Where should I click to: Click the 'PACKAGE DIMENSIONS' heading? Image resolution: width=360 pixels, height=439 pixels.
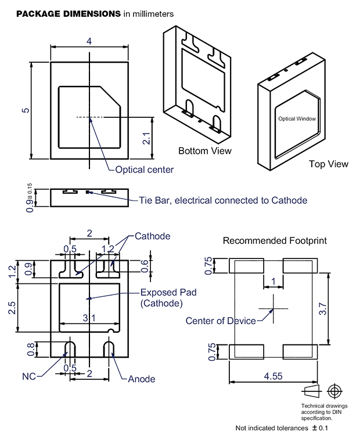69,14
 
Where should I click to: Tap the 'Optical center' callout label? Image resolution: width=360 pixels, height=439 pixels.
144,170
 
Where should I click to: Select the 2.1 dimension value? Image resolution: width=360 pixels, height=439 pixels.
146,138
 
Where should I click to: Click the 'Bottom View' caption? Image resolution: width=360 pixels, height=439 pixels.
205,151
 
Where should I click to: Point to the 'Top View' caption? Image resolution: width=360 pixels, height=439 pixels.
329,164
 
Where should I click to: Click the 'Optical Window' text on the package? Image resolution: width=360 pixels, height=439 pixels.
297,118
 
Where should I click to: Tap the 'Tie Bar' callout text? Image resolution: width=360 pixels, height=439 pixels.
223,200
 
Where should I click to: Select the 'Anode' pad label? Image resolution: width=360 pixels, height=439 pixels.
141,379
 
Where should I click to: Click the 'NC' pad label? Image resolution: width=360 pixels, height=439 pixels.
29,376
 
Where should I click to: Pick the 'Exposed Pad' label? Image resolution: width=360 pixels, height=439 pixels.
168,292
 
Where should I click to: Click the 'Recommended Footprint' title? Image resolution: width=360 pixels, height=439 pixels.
275,241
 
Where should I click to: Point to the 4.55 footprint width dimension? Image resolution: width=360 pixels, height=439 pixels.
273,376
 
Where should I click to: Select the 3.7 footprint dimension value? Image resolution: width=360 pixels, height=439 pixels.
323,308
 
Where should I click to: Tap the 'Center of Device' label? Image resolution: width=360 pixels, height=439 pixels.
221,321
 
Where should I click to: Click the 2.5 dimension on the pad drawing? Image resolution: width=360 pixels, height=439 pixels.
12,308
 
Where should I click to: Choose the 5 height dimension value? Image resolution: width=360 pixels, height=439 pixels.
26,110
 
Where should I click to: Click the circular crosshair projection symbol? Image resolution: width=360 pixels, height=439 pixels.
335,391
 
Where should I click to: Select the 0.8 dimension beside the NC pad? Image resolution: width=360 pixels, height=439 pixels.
31,350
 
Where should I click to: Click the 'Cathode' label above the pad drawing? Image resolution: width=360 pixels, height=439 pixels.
152,236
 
